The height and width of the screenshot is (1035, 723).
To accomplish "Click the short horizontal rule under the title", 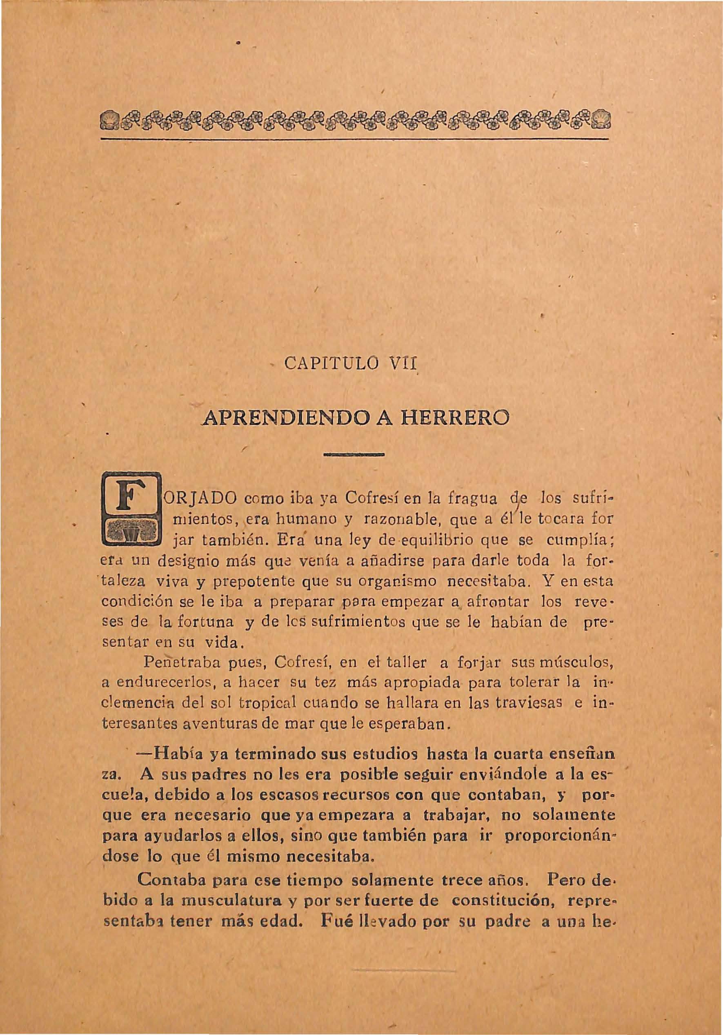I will (354, 455).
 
